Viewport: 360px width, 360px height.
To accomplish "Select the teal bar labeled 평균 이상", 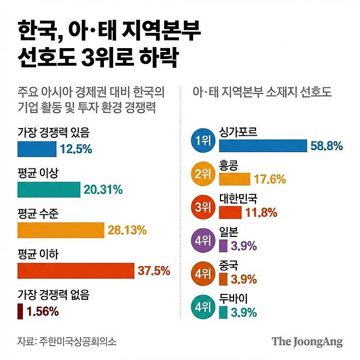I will click(x=49, y=189).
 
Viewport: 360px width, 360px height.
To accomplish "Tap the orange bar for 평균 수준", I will click(x=61, y=230).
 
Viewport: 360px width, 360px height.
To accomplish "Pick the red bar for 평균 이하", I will click(x=76, y=271).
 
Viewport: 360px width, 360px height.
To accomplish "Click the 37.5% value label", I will click(x=154, y=271).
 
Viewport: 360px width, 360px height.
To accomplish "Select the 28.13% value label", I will click(x=127, y=230).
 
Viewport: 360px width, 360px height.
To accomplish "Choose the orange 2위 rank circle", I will click(x=202, y=174).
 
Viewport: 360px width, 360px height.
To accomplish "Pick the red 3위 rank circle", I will click(x=202, y=206).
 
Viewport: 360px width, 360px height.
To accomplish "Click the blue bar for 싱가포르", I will click(x=263, y=146).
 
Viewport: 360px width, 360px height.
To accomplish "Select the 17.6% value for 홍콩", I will click(x=270, y=179).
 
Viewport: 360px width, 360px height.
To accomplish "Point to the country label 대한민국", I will click(x=238, y=198).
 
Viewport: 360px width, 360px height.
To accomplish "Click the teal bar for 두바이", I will click(x=223, y=312).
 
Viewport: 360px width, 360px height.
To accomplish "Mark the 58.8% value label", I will click(x=326, y=146).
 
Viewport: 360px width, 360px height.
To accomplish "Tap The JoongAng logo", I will click(x=307, y=342).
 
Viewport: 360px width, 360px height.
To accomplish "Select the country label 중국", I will click(x=229, y=265).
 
